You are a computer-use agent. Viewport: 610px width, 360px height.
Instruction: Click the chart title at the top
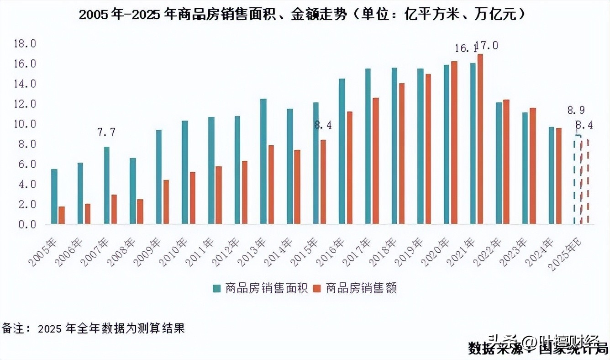coord(302,15)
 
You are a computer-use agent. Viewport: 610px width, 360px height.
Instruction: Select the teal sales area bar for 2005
coord(54,196)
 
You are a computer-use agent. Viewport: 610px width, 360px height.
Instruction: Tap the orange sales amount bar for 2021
coord(480,139)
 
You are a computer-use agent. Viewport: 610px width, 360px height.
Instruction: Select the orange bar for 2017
coord(376,161)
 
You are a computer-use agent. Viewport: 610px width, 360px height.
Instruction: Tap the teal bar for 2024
coord(552,175)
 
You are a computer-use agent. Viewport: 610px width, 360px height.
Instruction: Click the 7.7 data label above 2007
coord(106,132)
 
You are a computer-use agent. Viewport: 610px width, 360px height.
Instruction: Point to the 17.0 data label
coord(487,46)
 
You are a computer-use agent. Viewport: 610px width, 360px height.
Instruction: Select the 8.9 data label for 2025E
coord(576,110)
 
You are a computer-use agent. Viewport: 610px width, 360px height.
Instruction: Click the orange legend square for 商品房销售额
coord(317,288)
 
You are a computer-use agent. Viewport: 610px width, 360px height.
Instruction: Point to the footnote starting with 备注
coord(94,328)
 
